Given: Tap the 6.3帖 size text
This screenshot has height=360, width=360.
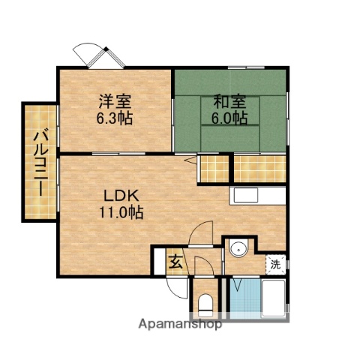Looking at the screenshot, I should [115, 118].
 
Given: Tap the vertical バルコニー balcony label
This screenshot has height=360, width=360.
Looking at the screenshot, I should [38, 162].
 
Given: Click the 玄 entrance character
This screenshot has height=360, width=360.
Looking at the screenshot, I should [174, 262].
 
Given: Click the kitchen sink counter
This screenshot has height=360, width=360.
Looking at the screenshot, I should [257, 196].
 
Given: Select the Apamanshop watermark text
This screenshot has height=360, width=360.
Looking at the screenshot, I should [180, 325].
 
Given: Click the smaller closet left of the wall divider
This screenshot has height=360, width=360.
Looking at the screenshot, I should [213, 168].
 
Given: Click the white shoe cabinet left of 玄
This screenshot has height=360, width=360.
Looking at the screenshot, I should [158, 262].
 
